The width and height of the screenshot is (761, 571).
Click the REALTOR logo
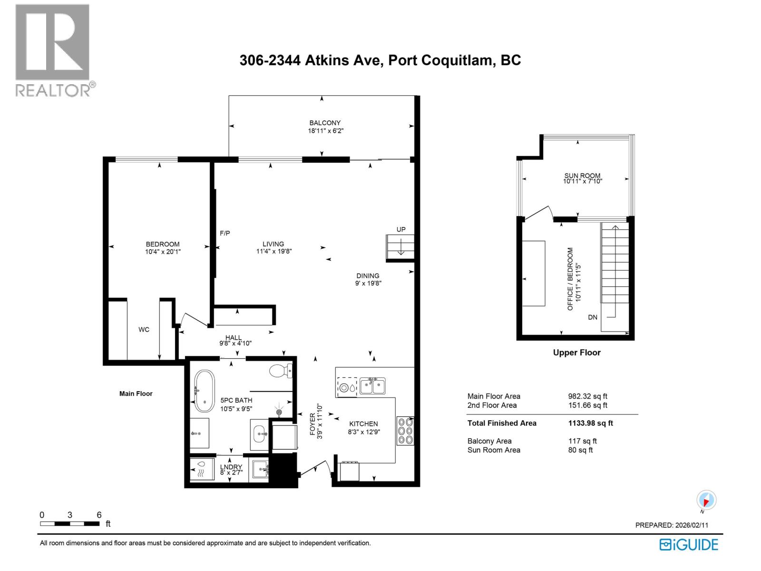(52, 50)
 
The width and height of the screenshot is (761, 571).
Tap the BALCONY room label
(325, 123)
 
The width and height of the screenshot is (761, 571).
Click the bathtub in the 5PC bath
(205, 391)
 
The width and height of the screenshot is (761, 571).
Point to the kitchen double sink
(372, 385)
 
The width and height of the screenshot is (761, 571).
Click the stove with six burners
(405, 431)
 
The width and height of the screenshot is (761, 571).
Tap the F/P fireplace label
(224, 233)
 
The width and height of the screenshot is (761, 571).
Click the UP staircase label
(401, 229)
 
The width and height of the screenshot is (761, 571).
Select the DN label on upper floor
(592, 317)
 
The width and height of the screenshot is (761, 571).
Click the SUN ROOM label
(582, 176)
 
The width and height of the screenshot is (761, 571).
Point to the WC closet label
(144, 329)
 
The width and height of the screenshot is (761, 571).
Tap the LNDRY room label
(231, 467)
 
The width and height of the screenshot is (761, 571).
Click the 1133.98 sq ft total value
(590, 423)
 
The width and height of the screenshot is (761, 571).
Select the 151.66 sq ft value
(587, 405)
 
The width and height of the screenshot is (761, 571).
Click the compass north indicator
(706, 501)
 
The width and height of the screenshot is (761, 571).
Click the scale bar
(70, 523)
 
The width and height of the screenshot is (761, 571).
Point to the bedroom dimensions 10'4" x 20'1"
(163, 251)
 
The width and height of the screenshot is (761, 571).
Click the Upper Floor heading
(576, 353)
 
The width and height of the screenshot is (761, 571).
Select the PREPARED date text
(672, 525)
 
